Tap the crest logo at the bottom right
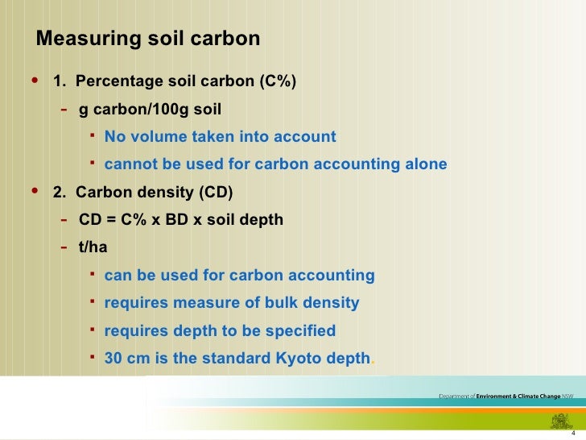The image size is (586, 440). pyautogui.click(x=559, y=420)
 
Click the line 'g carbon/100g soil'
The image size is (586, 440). pyautogui.click(x=150, y=109)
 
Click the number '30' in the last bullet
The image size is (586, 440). pyautogui.click(x=113, y=358)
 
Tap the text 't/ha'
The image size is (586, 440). pyautogui.click(x=93, y=247)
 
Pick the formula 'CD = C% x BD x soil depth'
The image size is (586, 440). pyautogui.click(x=181, y=219)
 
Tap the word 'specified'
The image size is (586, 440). pyautogui.click(x=303, y=330)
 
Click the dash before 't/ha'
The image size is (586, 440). pyautogui.click(x=64, y=247)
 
